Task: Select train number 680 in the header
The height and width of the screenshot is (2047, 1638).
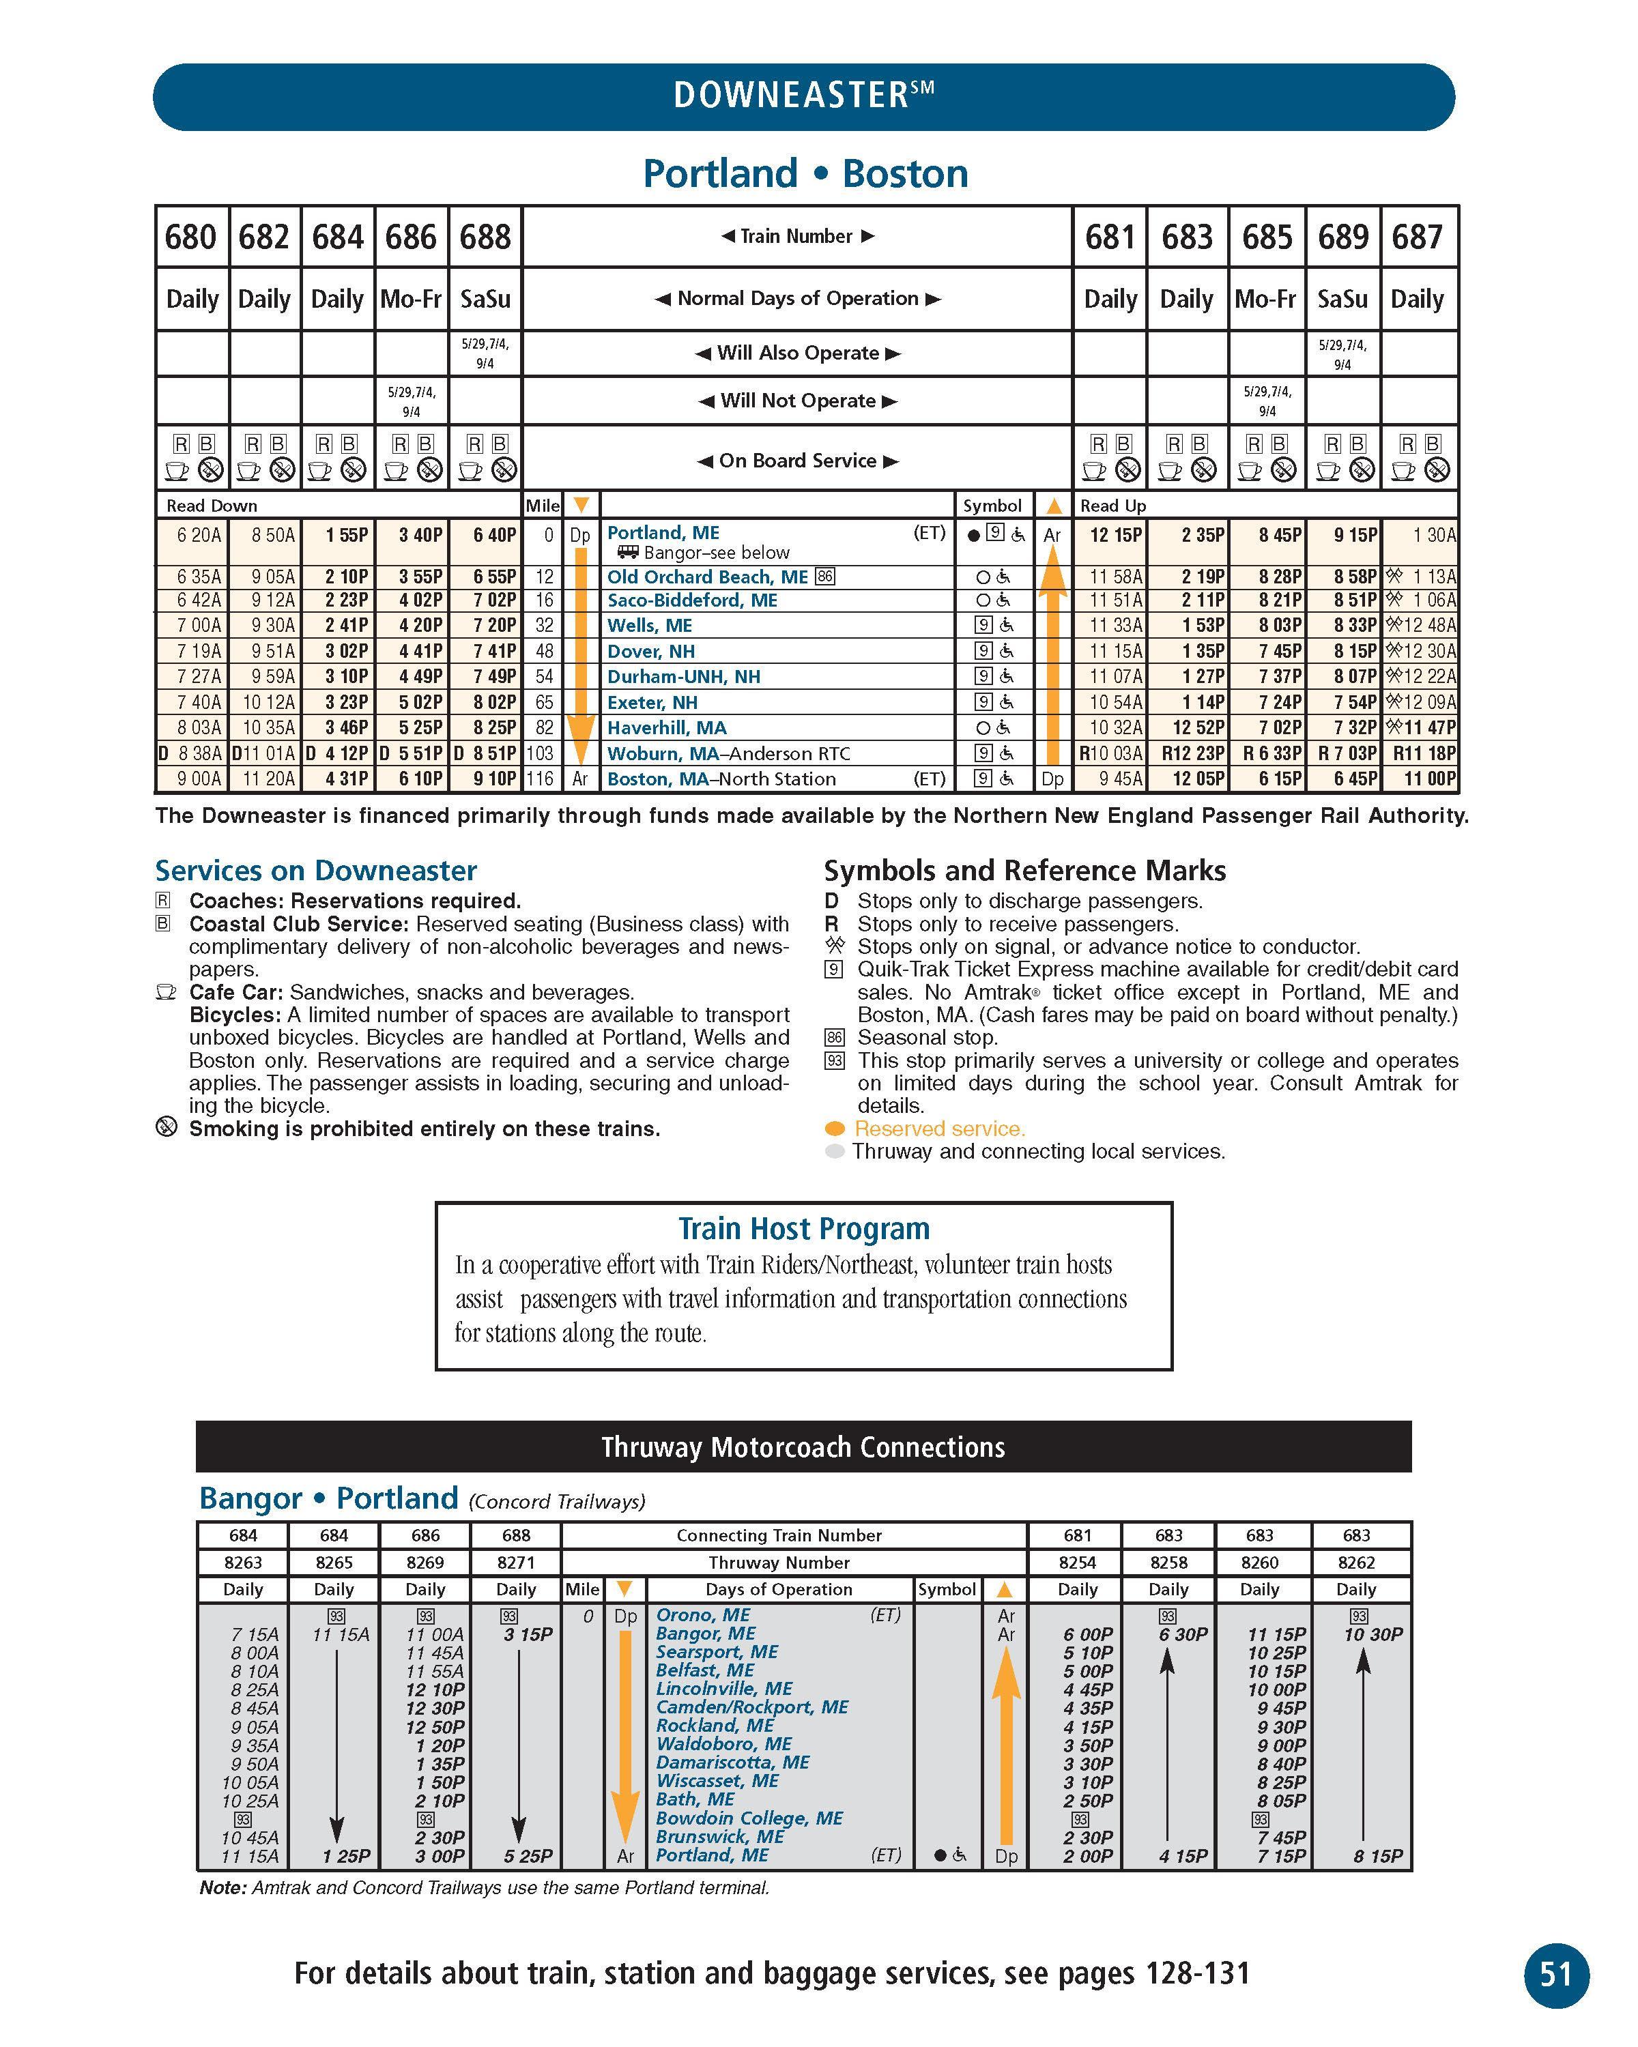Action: [191, 236]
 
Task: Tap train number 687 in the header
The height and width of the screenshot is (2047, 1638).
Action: [1417, 236]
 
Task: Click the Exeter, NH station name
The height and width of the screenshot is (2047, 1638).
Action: [652, 703]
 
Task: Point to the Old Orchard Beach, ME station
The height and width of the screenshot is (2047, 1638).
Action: [708, 577]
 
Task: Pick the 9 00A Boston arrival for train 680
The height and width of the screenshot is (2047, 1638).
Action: [199, 779]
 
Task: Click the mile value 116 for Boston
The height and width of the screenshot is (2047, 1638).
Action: [541, 779]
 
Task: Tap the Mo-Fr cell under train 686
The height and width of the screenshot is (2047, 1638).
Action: [411, 299]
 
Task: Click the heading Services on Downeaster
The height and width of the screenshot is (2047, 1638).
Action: [315, 871]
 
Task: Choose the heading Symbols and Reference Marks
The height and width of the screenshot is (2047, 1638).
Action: [1024, 871]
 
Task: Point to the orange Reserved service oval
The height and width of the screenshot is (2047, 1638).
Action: [835, 1129]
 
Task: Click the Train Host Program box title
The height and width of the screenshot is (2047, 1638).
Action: [803, 1229]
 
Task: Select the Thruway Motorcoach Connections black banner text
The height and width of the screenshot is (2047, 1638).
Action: [803, 1447]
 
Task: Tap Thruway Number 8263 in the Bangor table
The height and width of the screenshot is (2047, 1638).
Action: [243, 1562]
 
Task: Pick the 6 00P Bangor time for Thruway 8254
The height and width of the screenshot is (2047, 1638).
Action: [1087, 1634]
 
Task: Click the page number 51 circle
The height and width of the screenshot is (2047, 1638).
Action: [1555, 1975]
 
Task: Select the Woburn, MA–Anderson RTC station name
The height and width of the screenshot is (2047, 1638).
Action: [728, 754]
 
